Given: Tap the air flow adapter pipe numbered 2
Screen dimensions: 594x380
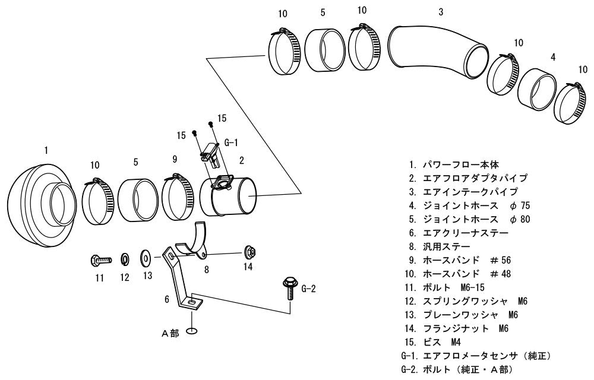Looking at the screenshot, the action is [x=229, y=197].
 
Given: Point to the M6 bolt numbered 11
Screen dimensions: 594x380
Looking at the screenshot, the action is [x=101, y=261].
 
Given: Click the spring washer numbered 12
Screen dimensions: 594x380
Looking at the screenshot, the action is [x=125, y=259].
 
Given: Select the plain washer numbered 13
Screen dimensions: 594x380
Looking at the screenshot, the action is [x=146, y=257].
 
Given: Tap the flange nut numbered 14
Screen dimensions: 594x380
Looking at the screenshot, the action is [x=249, y=251].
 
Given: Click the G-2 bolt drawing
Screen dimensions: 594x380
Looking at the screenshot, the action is [x=290, y=288].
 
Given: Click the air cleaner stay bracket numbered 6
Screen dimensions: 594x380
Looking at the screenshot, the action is [x=182, y=278].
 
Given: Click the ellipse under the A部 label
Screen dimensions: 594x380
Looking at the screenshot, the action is [x=192, y=332].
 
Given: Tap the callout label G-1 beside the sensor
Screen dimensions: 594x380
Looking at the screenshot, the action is [x=231, y=142].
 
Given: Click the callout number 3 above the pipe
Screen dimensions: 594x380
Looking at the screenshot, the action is [x=441, y=12].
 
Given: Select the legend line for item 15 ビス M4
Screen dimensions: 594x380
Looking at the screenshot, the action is [x=432, y=342].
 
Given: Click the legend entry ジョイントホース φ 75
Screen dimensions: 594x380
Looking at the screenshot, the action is [x=469, y=205].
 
